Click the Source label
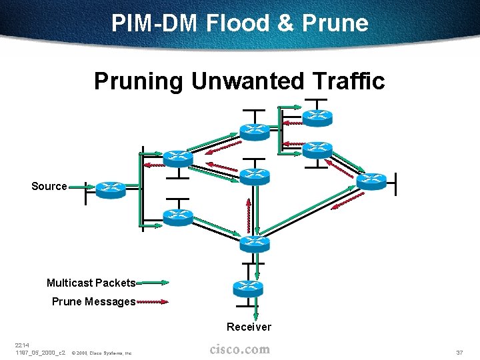[x=49, y=186]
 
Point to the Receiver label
[x=249, y=327]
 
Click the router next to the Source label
[x=110, y=190]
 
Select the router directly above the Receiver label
[x=248, y=288]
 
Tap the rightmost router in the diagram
[x=371, y=181]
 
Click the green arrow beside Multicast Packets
[x=153, y=283]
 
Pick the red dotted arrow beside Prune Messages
[x=153, y=302]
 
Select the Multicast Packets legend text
[x=91, y=283]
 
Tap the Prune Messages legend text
[x=93, y=301]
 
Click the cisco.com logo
[x=239, y=349]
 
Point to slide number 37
[x=459, y=352]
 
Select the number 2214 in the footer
[x=22, y=345]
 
